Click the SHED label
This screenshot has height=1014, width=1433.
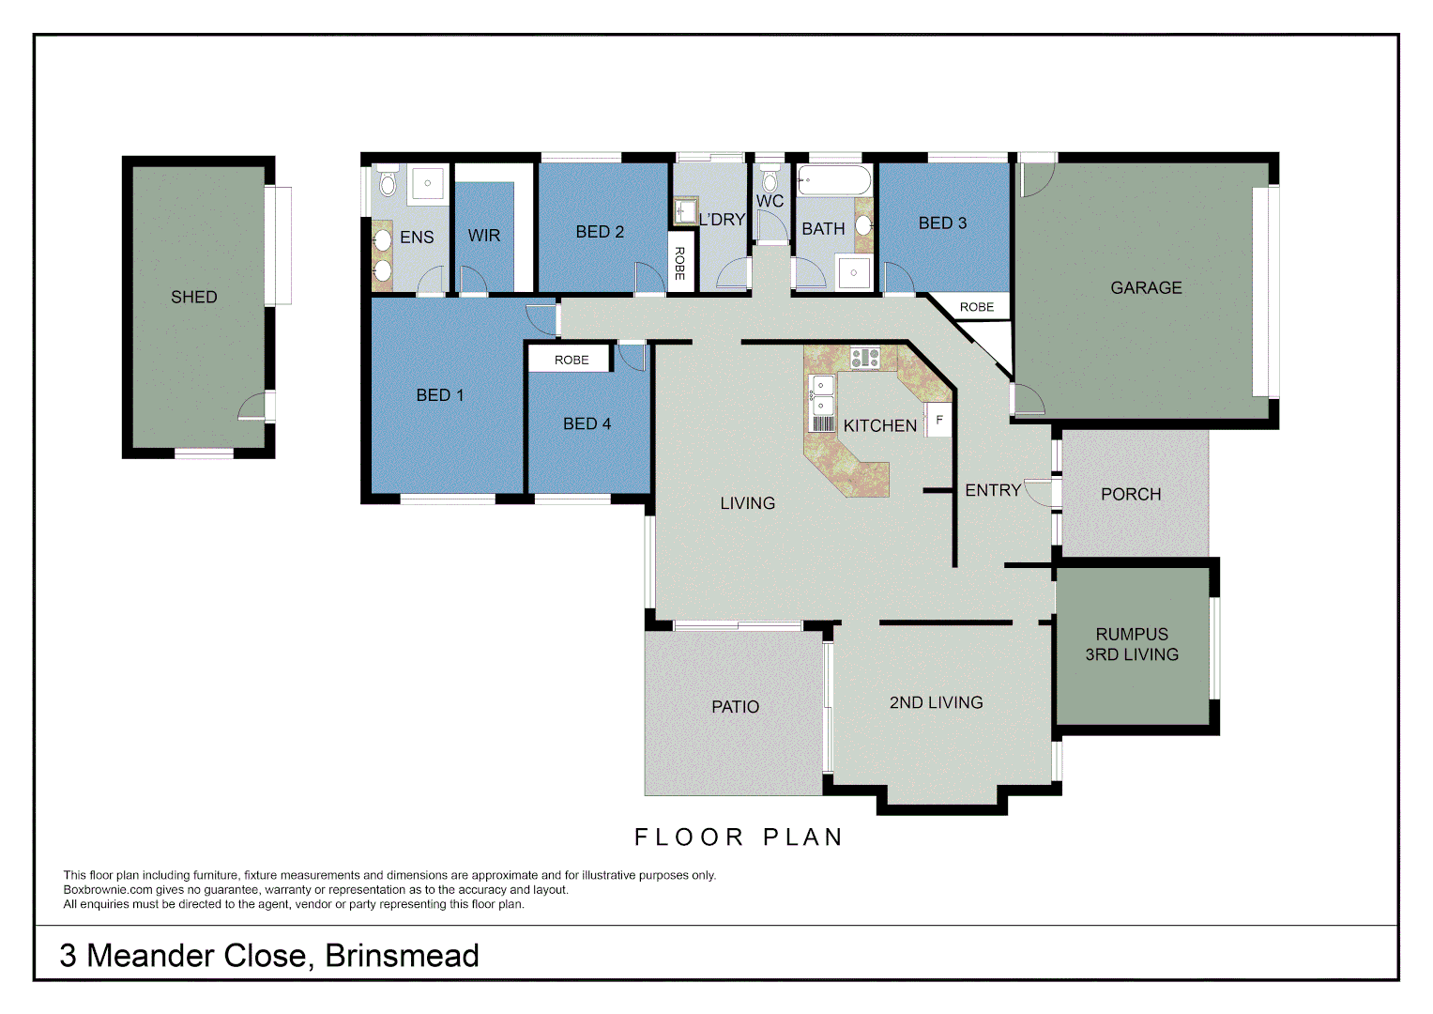[x=193, y=297]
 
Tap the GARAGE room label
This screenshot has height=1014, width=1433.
[x=1146, y=287]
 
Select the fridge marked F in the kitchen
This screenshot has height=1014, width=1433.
[x=938, y=420]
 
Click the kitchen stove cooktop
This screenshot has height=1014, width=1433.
[x=864, y=358]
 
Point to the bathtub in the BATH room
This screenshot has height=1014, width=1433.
[x=833, y=179]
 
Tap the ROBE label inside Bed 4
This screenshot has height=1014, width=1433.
[x=571, y=360]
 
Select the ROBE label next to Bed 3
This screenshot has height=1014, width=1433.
[x=976, y=307]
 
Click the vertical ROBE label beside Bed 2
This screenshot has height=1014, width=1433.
[x=679, y=263]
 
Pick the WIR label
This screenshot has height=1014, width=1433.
[x=484, y=236]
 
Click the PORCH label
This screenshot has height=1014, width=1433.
[x=1131, y=494]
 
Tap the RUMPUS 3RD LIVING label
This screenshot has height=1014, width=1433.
[x=1132, y=644]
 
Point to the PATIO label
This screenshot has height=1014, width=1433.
[x=735, y=706]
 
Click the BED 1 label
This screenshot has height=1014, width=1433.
[x=440, y=395]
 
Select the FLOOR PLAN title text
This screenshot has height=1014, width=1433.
[x=739, y=837]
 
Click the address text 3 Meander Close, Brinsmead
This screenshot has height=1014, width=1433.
[x=269, y=955]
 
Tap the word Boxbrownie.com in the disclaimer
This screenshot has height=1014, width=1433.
[x=108, y=890]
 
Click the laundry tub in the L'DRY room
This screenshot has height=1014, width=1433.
[x=685, y=209]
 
